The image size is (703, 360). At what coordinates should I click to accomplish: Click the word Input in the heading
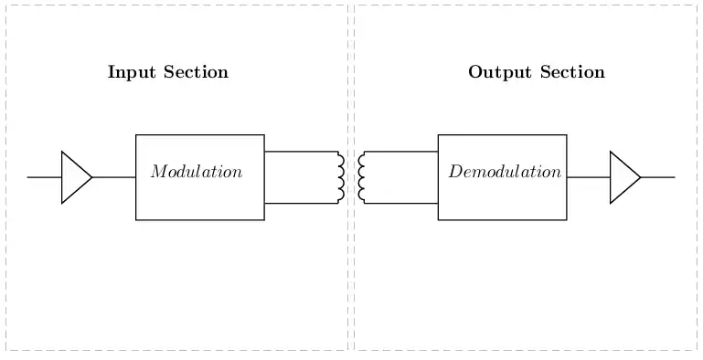click(x=132, y=72)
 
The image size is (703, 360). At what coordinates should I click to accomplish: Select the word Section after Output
click(x=572, y=72)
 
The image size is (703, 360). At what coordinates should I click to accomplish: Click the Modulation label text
click(x=197, y=172)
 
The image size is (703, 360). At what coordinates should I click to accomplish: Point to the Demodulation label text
click(x=505, y=172)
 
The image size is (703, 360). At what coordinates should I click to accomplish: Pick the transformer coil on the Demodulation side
click(x=361, y=177)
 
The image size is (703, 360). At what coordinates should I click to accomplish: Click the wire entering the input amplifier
click(x=45, y=177)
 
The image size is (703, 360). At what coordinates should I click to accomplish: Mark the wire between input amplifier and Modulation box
click(x=114, y=177)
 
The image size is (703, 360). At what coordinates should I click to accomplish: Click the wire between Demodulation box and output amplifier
click(x=588, y=177)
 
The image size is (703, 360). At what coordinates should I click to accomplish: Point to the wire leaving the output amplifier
click(x=657, y=177)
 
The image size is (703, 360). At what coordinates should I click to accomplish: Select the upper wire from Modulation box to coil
click(x=302, y=152)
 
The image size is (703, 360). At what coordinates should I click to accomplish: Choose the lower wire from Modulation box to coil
click(x=302, y=204)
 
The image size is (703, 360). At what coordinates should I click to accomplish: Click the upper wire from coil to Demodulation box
click(x=401, y=152)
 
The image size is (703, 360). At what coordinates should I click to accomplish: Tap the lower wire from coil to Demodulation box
click(x=401, y=204)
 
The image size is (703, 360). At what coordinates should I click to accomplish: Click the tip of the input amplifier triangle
click(x=92, y=177)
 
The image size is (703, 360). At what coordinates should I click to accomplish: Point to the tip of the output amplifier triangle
click(x=641, y=177)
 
